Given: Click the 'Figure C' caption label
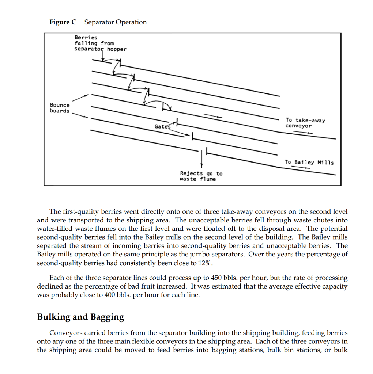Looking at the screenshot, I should (x=63, y=22).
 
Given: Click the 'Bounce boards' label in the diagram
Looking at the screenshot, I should (x=60, y=108).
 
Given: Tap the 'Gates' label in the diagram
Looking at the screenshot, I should (x=162, y=126).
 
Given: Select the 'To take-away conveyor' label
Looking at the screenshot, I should (x=305, y=123).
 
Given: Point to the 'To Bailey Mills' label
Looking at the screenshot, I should (x=309, y=163).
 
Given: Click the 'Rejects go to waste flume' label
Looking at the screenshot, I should (x=201, y=176).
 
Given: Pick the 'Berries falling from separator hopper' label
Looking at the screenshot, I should (x=100, y=43).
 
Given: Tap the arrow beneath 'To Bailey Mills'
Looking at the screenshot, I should (x=299, y=168).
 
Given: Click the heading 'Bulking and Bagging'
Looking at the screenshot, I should (x=80, y=317).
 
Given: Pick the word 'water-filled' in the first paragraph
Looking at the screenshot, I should (x=54, y=229).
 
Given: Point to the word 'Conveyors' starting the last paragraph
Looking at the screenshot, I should (x=64, y=333).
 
